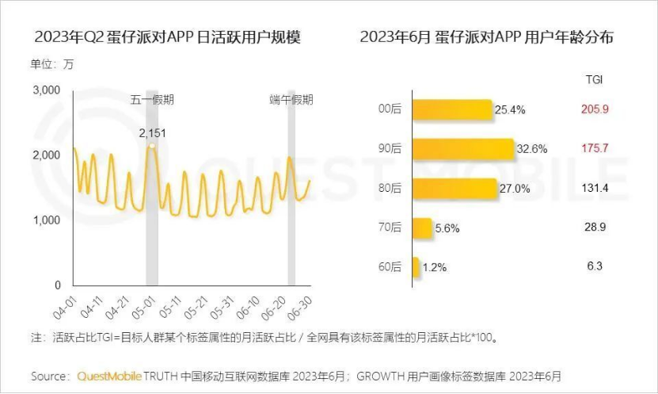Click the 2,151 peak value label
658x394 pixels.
tap(153, 132)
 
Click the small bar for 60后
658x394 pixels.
tap(416, 267)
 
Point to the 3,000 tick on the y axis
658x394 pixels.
tap(47, 90)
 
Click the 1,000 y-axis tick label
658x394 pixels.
tap(47, 220)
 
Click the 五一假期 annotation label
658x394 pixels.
tap(153, 100)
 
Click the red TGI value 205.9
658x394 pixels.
tap(595, 109)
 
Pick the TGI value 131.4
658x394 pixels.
tap(595, 188)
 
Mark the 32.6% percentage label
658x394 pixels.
tap(533, 149)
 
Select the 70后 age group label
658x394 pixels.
tap(390, 228)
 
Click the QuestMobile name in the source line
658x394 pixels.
tap(110, 375)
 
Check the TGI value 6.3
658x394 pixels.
tap(595, 266)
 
